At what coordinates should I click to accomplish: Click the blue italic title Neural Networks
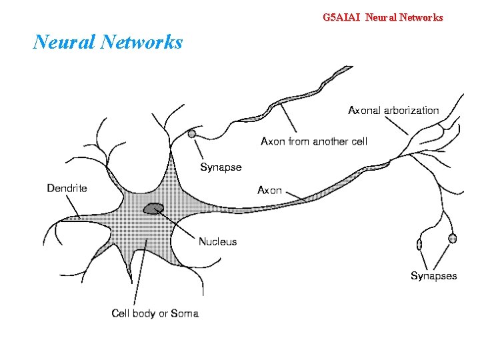pos(108,43)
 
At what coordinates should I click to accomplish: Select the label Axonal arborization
pos(393,110)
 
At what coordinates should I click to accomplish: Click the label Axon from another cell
pos(313,141)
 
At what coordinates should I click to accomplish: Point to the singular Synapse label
pos(221,167)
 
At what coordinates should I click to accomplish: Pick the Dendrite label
pos(67,188)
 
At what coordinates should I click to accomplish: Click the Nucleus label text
pos(217,241)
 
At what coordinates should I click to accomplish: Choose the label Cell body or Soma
pos(155,313)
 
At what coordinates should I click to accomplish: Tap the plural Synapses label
pos(433,275)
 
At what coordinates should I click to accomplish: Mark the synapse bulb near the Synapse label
pos(192,133)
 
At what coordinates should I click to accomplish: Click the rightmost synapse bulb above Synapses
pos(453,238)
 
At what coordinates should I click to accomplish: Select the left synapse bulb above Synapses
pos(419,244)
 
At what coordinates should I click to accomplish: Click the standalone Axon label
pos(269,190)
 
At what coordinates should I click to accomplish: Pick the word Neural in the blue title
pos(65,43)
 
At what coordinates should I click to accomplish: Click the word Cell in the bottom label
pos(121,313)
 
